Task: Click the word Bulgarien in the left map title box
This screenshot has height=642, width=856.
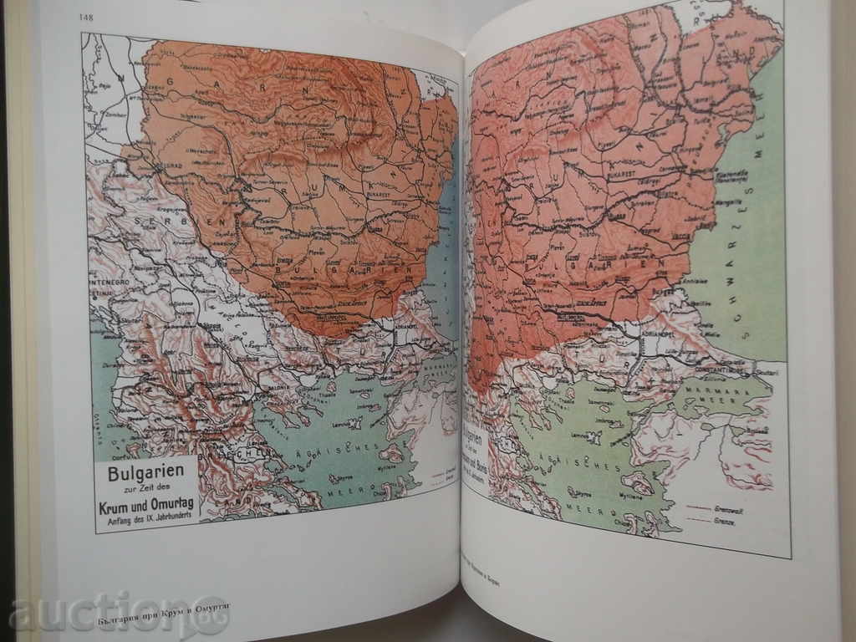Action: [x=145, y=471]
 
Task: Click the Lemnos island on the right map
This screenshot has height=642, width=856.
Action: [x=590, y=436]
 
